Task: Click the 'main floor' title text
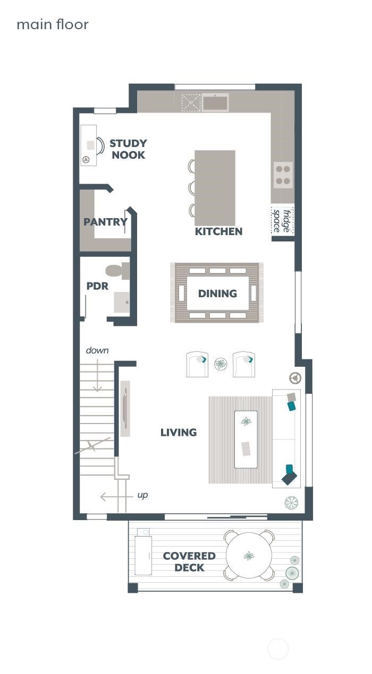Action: pyautogui.click(x=53, y=24)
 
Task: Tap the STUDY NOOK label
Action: pyautogui.click(x=128, y=149)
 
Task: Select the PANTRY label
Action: pyautogui.click(x=105, y=222)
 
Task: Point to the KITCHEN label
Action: pyautogui.click(x=218, y=231)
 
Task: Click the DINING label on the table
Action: pyautogui.click(x=217, y=293)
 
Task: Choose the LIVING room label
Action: pyautogui.click(x=179, y=433)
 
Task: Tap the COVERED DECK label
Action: pyautogui.click(x=189, y=562)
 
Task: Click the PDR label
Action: pyautogui.click(x=97, y=286)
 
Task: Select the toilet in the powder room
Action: pyautogui.click(x=117, y=271)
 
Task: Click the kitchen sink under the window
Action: pyautogui.click(x=215, y=102)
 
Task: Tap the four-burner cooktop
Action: pyautogui.click(x=283, y=175)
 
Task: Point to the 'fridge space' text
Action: pyautogui.click(x=282, y=220)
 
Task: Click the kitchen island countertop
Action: pyautogui.click(x=215, y=187)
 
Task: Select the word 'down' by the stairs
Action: pyautogui.click(x=97, y=350)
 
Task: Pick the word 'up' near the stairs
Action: pyautogui.click(x=142, y=495)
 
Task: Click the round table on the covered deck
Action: pyautogui.click(x=249, y=556)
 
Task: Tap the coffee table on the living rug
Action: pyautogui.click(x=246, y=439)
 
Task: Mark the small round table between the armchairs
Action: pyautogui.click(x=221, y=364)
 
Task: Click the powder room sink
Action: pyautogui.click(x=122, y=302)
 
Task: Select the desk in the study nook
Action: pyautogui.click(x=88, y=145)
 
